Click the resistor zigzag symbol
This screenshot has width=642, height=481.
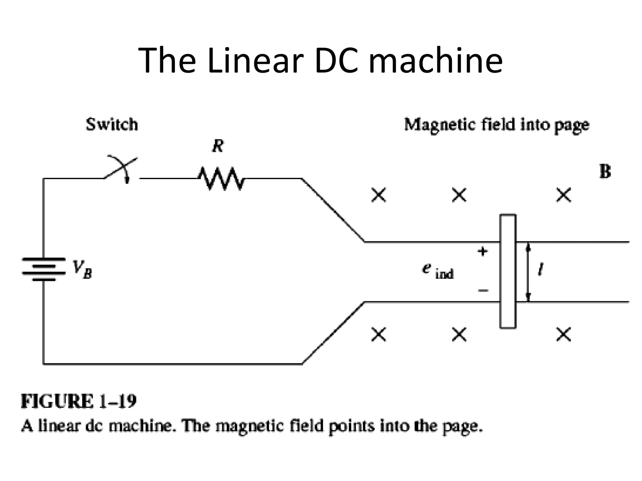pos(221,178)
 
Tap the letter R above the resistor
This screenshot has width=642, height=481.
pos(218,146)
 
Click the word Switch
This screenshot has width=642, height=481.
pos(112,124)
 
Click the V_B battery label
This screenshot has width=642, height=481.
pos(82,270)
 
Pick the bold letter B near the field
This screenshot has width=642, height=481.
pos(605,172)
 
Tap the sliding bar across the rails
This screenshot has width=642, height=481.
pos(508,271)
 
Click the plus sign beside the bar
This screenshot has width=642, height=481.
pos(483,251)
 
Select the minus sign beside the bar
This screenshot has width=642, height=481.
pos(483,291)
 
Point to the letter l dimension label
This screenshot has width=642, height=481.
pos(540,270)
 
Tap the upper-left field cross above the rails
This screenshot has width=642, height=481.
pos(379,195)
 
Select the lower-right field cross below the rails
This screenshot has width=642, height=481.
pos(564,334)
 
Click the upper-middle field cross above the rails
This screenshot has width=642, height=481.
pos(459,195)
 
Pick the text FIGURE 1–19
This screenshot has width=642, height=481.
pos(79,401)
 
